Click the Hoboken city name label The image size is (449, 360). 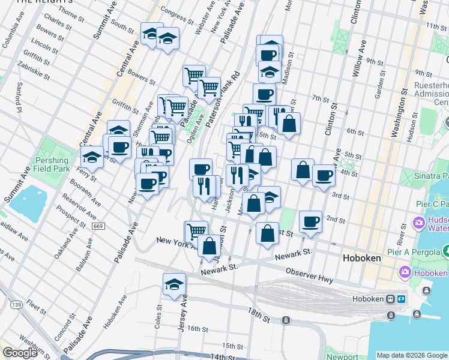[x=361, y=258]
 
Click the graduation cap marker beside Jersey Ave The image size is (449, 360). [x=174, y=284]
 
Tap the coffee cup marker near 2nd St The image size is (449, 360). [x=310, y=221]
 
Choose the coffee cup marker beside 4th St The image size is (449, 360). [x=324, y=175]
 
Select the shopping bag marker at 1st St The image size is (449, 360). [x=267, y=233]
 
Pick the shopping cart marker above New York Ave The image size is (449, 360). [x=196, y=231]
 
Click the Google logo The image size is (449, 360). [x=20, y=353]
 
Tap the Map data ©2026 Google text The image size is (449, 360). [x=411, y=355]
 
